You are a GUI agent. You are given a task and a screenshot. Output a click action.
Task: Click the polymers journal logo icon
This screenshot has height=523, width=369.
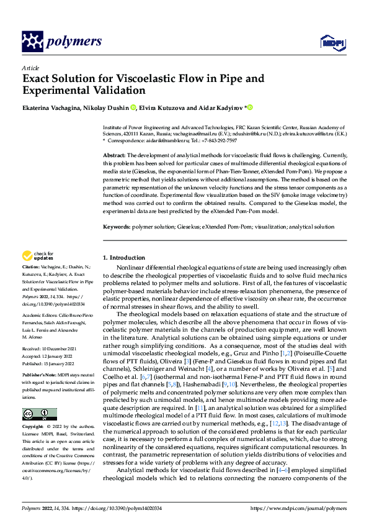(x=32, y=42)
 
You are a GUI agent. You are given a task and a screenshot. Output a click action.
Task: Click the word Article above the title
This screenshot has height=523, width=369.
(x=30, y=68)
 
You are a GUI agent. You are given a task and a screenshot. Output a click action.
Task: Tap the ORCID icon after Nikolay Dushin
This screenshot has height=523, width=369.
(x=133, y=107)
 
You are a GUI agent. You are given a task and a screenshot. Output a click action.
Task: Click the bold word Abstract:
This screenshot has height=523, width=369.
(x=114, y=154)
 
